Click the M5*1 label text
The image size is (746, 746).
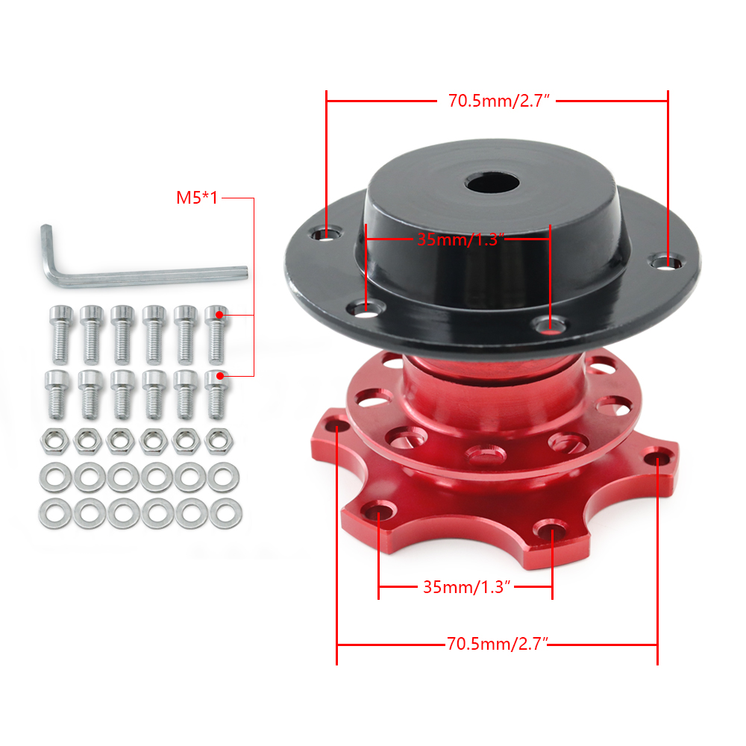point(197,198)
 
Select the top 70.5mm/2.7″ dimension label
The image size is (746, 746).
point(498,101)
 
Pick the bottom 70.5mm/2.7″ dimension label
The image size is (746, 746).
point(498,644)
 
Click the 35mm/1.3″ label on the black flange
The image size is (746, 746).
point(460,239)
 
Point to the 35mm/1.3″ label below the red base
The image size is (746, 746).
point(467,587)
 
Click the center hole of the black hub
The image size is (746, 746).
point(492,184)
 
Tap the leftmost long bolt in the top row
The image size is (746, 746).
point(61,334)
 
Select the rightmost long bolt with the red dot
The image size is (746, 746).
point(216,334)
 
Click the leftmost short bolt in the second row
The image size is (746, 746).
point(57,395)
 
